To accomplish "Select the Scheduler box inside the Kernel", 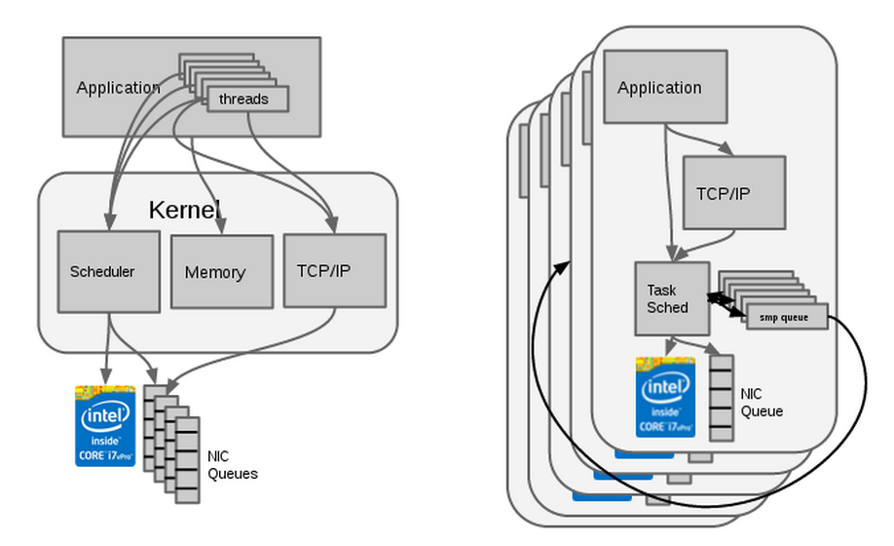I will point(108,272).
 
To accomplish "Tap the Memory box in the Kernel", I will point(222,272).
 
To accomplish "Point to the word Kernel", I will point(184,209).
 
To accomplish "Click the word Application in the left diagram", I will point(118,88).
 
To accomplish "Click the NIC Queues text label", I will point(233,465).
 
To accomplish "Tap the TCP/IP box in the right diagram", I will point(733,192).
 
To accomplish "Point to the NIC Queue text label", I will point(761,403).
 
